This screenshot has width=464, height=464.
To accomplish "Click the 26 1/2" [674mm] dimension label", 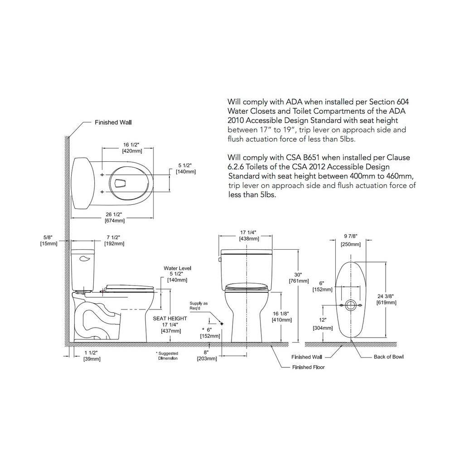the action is (115, 217).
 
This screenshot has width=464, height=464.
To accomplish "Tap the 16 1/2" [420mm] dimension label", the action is (132, 148).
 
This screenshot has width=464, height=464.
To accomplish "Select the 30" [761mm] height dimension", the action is (299, 278).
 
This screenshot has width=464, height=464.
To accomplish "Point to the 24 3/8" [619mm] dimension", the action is (386, 299).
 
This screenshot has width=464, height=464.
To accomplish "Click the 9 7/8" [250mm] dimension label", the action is (351, 240).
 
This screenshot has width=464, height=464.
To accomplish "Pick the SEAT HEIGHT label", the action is (170, 319).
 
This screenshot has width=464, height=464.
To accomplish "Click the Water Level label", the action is (178, 268).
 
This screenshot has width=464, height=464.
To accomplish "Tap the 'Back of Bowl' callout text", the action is (388, 357).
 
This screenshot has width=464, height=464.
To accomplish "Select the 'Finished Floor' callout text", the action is (308, 367).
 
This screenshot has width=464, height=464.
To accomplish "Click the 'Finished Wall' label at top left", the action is (113, 122).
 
